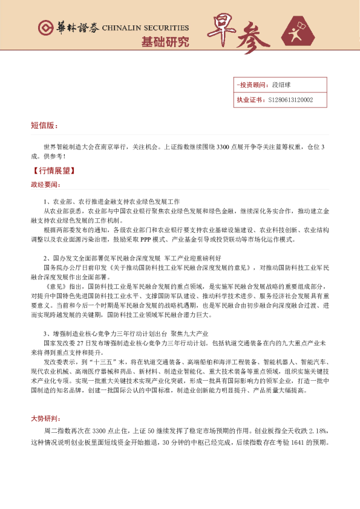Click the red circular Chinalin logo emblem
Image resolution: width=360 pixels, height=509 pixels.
click(44, 28)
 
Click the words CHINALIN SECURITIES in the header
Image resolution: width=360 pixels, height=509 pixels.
click(145, 28)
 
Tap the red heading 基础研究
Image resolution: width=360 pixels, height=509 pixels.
click(165, 42)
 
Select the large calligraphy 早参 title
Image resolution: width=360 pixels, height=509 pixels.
click(240, 33)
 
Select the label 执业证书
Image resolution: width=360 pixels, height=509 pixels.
click(249, 100)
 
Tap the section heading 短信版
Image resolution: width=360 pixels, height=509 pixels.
click(44, 126)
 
